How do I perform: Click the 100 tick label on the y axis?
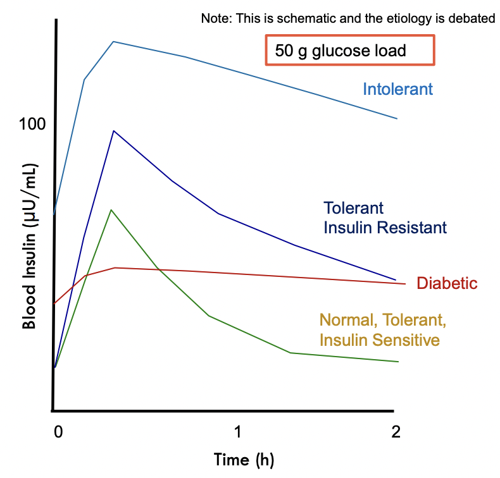pyautogui.click(x=32, y=123)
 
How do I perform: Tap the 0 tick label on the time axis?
pyautogui.click(x=58, y=432)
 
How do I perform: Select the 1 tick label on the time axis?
pyautogui.click(x=237, y=432)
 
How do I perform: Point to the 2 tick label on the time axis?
pyautogui.click(x=396, y=432)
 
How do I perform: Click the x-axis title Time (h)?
pyautogui.click(x=244, y=460)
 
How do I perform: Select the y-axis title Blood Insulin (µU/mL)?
pyautogui.click(x=29, y=246)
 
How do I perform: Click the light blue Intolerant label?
pyautogui.click(x=397, y=89)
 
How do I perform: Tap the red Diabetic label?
pyautogui.click(x=447, y=283)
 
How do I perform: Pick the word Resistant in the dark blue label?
pyautogui.click(x=411, y=228)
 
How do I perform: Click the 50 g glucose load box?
pyautogui.click(x=350, y=51)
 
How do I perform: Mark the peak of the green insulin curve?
pyautogui.click(x=111, y=210)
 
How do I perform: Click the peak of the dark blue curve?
pyautogui.click(x=113, y=131)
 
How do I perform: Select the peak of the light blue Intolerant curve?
pyautogui.click(x=113, y=42)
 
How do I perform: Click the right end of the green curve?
pyautogui.click(x=398, y=362)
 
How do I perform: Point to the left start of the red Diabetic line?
pyautogui.click(x=54, y=303)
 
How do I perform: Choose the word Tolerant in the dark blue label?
pyautogui.click(x=353, y=208)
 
